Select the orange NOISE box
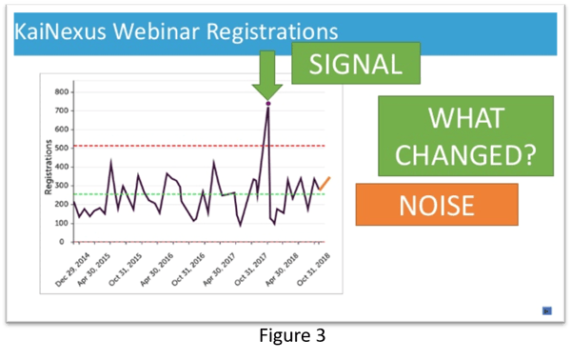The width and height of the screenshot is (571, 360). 437,204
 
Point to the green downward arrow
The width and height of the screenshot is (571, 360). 268,73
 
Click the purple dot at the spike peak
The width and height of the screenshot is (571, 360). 268,103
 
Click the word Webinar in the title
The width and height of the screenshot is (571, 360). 141,31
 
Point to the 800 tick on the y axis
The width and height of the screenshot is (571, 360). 62,92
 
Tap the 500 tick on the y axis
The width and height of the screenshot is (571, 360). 62,148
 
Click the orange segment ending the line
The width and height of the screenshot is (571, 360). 325,183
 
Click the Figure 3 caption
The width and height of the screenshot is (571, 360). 285,335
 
